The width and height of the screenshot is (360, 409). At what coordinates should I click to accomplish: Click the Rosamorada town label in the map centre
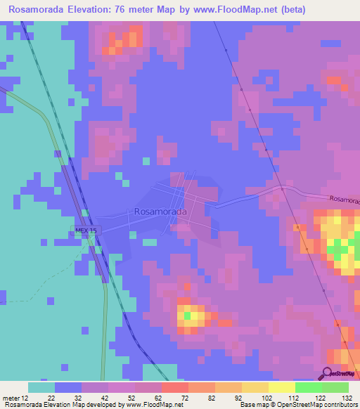tap(160, 212)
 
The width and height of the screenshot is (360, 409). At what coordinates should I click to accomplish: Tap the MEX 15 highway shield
tap(87, 231)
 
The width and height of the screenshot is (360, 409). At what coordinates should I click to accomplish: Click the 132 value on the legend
tap(347, 398)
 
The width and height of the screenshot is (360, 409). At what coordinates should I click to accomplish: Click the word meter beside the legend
tap(11, 398)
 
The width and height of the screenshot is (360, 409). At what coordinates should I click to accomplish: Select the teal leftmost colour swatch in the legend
tap(41, 387)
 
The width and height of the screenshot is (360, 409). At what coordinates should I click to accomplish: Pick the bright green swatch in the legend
tap(308, 387)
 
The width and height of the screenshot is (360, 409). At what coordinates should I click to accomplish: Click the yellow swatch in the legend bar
tap(281, 387)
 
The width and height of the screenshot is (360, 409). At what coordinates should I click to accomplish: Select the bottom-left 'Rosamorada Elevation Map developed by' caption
tap(70, 405)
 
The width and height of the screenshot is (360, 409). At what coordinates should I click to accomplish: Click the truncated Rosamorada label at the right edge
tap(345, 200)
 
